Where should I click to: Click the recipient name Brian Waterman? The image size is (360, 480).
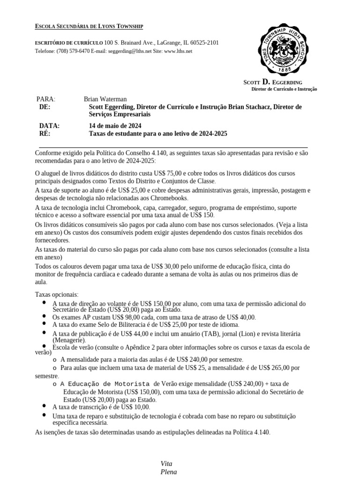(x=105, y=99)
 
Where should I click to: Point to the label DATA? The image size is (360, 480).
(x=49, y=126)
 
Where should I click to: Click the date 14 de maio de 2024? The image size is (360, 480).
(x=115, y=126)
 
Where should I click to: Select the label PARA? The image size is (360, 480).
(x=46, y=99)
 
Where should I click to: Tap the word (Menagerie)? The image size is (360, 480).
(x=69, y=340)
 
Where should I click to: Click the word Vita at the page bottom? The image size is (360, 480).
(x=166, y=464)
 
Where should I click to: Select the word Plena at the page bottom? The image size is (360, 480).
(x=169, y=472)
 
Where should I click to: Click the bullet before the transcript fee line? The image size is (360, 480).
(x=44, y=406)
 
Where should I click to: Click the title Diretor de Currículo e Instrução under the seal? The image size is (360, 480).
(x=284, y=89)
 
